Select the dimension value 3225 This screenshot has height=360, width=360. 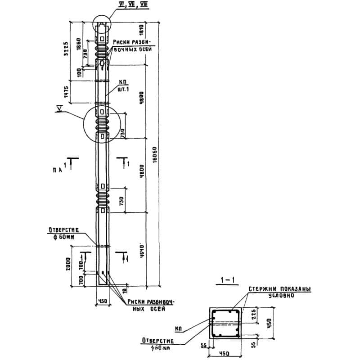click(x=66, y=47)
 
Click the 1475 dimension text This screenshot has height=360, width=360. click(x=66, y=92)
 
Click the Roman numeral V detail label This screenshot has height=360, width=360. click(x=59, y=108)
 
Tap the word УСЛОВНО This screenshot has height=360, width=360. click(x=281, y=296)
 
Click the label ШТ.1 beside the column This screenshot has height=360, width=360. click(x=124, y=89)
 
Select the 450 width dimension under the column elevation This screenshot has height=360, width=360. click(x=103, y=301)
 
